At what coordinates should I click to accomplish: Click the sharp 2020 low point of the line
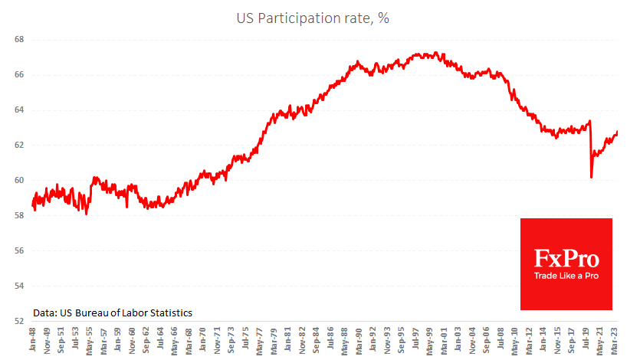coord(591,177)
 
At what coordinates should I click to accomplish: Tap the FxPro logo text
coord(566,257)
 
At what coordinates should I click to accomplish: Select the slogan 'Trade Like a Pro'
coord(566,275)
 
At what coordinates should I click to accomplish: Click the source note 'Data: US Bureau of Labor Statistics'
coord(112,313)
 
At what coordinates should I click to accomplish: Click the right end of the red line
coord(618,132)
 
